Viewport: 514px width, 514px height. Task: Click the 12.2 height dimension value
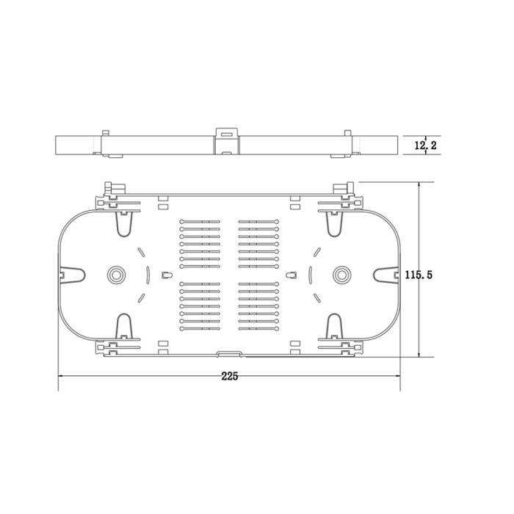tap(425, 145)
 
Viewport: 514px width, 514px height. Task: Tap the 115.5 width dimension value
tap(419, 275)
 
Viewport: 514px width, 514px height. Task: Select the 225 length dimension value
tap(229, 376)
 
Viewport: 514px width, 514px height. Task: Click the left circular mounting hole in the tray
tap(116, 275)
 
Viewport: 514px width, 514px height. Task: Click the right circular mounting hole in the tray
tap(341, 275)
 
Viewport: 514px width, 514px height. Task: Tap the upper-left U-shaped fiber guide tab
tap(124, 224)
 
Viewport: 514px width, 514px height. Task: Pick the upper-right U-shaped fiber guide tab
tap(334, 224)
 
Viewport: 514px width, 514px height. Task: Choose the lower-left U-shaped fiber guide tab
tap(124, 325)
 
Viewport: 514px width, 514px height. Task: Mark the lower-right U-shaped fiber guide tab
tap(334, 325)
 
